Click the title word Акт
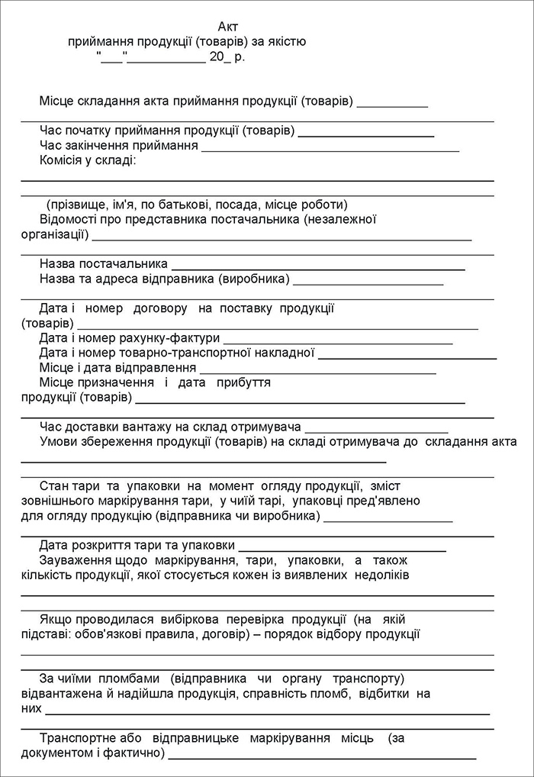[x=227, y=27]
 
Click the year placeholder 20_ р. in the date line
[x=227, y=56]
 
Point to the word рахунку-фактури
[x=177, y=338]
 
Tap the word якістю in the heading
[x=285, y=42]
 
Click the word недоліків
[x=379, y=575]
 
